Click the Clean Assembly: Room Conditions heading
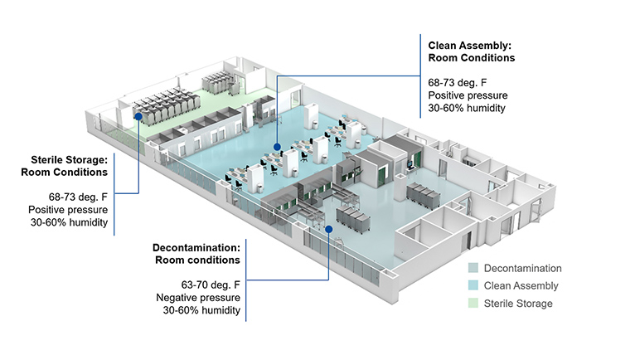click(x=471, y=51)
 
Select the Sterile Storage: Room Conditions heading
click(x=69, y=166)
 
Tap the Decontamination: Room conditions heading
click(x=196, y=253)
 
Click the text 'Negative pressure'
click(x=199, y=297)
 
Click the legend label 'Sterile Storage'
click(x=518, y=304)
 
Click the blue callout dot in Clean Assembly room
click(x=277, y=147)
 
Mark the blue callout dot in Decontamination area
click(x=329, y=228)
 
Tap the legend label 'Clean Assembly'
click(x=521, y=285)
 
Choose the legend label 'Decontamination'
click(x=523, y=268)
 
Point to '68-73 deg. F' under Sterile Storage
click(x=79, y=197)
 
